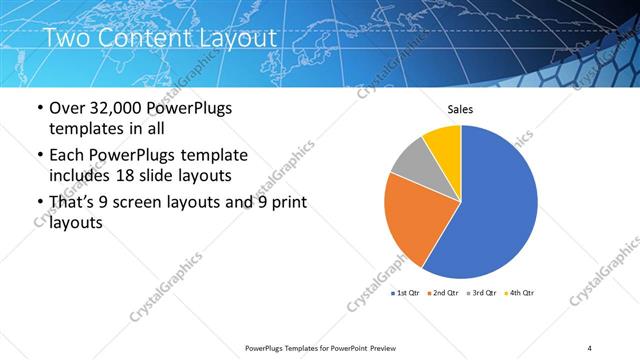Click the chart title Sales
460,110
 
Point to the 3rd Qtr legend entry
483,293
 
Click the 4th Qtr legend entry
520,293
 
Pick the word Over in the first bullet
68,108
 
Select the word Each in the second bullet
68,155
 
